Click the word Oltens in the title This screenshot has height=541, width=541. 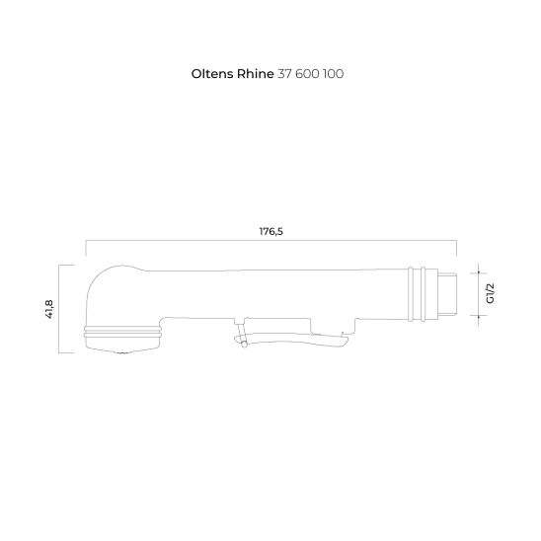212,74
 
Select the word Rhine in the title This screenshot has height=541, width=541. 256,74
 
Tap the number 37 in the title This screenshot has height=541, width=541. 284,74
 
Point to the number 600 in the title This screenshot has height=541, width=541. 307,74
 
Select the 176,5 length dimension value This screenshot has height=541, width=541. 271,231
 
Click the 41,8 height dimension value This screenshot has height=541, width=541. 49,309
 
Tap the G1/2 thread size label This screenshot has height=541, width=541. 490,293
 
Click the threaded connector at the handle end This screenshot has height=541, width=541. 447,293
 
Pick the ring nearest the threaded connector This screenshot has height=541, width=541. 423,294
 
